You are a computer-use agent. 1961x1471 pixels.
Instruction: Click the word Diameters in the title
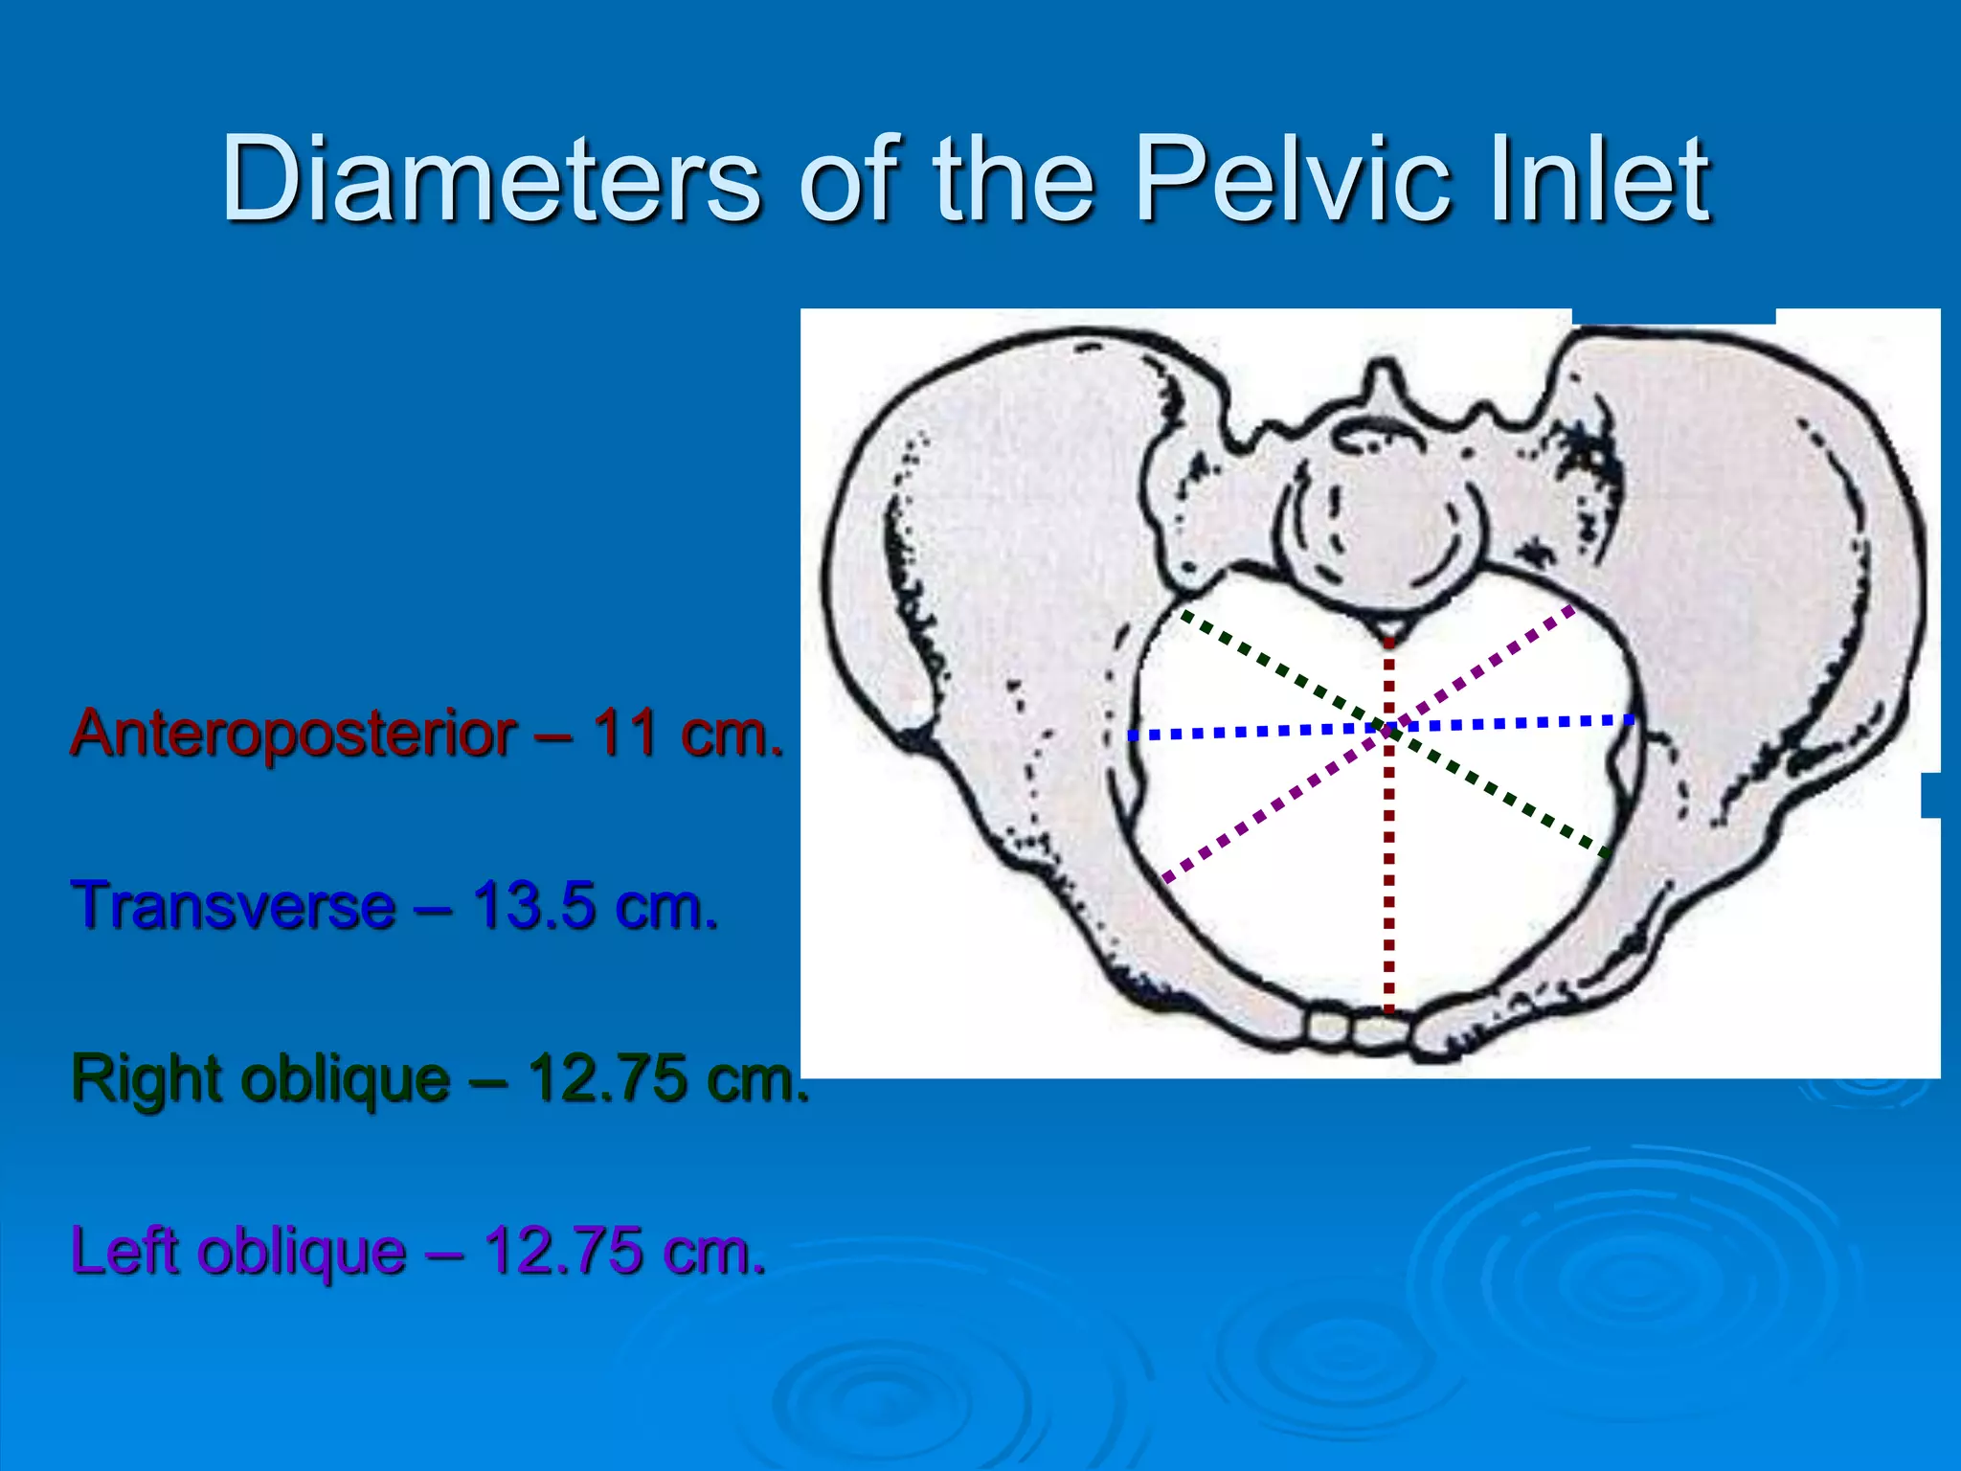point(490,180)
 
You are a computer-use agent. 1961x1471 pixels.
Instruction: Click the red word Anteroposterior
point(293,734)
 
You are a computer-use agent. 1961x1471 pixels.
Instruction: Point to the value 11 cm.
point(686,734)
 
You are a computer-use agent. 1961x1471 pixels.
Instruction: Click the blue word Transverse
point(234,906)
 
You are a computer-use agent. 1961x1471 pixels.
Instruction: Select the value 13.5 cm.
point(594,906)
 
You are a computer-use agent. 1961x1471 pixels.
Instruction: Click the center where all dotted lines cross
point(1388,730)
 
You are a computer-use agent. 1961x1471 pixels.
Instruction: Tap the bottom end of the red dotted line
point(1388,1007)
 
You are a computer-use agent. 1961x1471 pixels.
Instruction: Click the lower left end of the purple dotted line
point(1166,877)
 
